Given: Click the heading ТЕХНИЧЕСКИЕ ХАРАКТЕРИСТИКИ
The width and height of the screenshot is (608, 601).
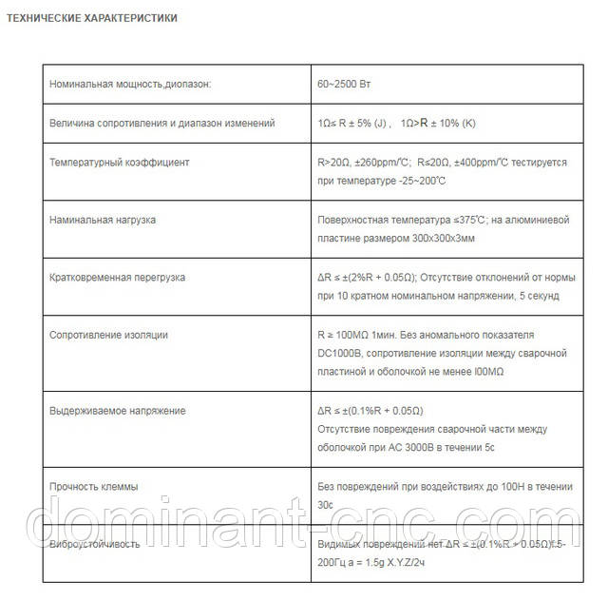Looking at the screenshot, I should [x=91, y=18].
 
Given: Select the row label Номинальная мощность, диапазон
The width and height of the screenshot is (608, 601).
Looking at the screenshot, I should [x=129, y=84].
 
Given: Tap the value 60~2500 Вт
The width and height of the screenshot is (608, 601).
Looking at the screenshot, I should [x=344, y=84].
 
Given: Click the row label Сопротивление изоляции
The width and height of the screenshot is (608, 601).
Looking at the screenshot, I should [x=108, y=335].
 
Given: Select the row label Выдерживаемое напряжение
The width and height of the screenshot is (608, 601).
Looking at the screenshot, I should [x=117, y=411].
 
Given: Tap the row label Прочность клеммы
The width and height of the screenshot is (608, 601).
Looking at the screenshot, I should [x=93, y=487].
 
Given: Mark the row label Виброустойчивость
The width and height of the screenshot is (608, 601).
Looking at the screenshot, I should [x=94, y=544].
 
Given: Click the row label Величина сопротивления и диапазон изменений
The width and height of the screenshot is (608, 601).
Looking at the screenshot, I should [x=161, y=123].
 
